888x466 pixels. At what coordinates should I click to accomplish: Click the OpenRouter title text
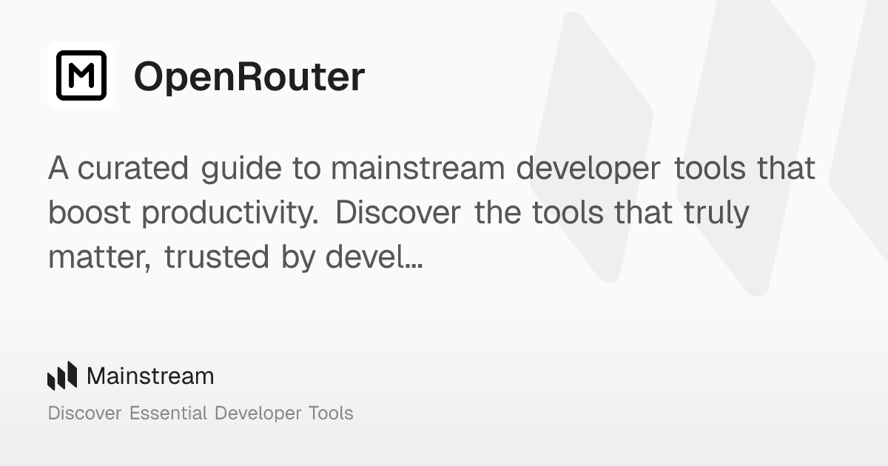tap(249, 76)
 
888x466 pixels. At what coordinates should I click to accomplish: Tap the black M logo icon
tap(81, 75)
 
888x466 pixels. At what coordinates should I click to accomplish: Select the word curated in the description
tap(133, 169)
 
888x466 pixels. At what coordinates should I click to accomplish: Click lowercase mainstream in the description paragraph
tap(417, 169)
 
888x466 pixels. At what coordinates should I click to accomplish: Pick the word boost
tap(90, 213)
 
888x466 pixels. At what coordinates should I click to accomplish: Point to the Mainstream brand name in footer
tap(150, 376)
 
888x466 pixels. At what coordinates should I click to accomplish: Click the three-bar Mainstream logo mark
tap(62, 376)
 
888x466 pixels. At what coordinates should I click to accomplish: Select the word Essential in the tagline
tap(168, 413)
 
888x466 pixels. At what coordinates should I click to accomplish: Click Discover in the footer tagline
tap(84, 413)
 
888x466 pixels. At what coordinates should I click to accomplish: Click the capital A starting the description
tap(59, 169)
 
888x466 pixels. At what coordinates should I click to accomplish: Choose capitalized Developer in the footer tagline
tap(255, 413)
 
